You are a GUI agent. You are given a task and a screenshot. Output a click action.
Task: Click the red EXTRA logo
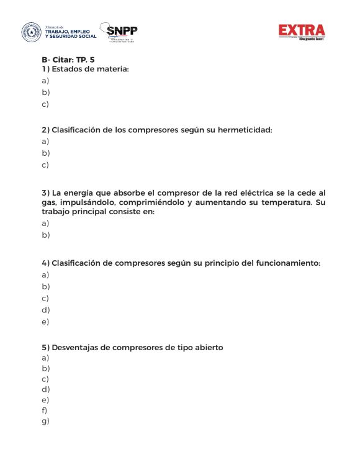click(x=302, y=31)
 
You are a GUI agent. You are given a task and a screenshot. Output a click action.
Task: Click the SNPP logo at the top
click(x=122, y=32)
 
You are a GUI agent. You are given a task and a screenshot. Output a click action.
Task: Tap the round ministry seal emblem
click(x=30, y=32)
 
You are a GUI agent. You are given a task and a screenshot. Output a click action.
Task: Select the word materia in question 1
click(x=112, y=69)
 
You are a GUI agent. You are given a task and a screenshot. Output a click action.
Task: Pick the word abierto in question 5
click(x=207, y=347)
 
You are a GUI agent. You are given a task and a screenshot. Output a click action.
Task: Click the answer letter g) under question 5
click(x=45, y=421)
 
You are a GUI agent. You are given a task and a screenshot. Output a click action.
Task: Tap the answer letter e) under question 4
click(x=45, y=322)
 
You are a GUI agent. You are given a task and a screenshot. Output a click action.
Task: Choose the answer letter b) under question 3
click(x=45, y=235)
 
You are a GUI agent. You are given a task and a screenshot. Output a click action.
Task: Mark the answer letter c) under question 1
click(x=45, y=104)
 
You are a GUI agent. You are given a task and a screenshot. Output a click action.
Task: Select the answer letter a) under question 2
click(x=45, y=142)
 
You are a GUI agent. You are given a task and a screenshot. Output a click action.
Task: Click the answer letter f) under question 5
click(x=45, y=410)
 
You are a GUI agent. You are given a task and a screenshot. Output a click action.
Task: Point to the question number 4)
click(x=45, y=263)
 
